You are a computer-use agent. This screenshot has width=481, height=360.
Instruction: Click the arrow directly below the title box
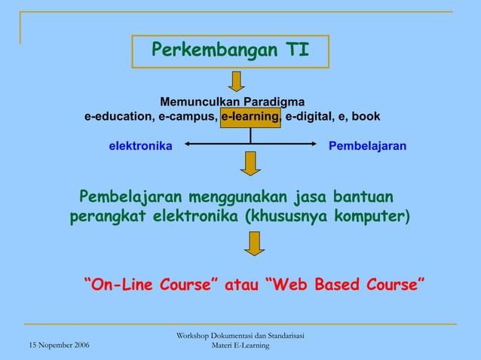237,81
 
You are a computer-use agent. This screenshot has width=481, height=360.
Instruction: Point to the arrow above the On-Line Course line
254,243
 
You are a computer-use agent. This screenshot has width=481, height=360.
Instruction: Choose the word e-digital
309,117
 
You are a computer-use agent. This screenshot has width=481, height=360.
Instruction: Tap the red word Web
292,285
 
